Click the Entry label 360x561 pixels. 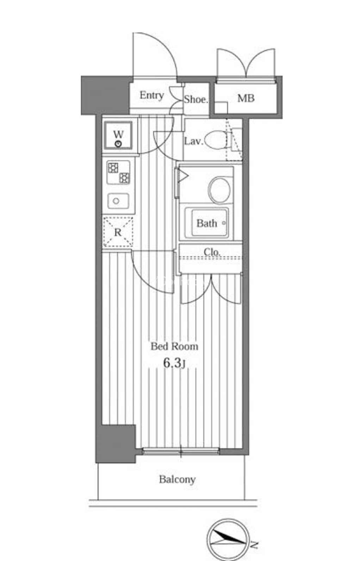[x=152, y=95]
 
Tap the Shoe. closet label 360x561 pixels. [x=196, y=99]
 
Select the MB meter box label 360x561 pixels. [x=246, y=98]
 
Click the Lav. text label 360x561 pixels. [x=193, y=142]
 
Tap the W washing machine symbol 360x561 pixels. [x=118, y=135]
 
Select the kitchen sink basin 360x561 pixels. [x=118, y=201]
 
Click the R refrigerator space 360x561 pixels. [x=118, y=232]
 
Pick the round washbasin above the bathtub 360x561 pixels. [x=219, y=190]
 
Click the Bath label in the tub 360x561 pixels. [x=206, y=223]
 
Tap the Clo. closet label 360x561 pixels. [x=212, y=252]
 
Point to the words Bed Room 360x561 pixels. [x=174, y=346]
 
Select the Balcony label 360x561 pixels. [x=177, y=479]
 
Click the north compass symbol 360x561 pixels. [x=228, y=540]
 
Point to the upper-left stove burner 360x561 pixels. [x=113, y=168]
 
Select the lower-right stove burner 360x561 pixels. [x=124, y=178]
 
